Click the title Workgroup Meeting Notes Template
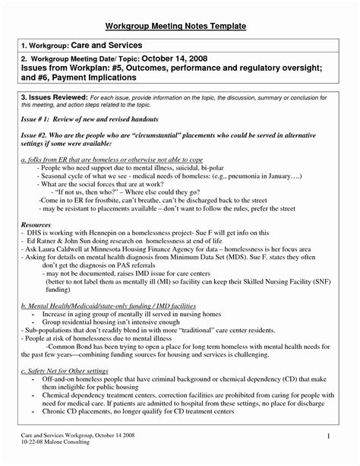click(x=179, y=26)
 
